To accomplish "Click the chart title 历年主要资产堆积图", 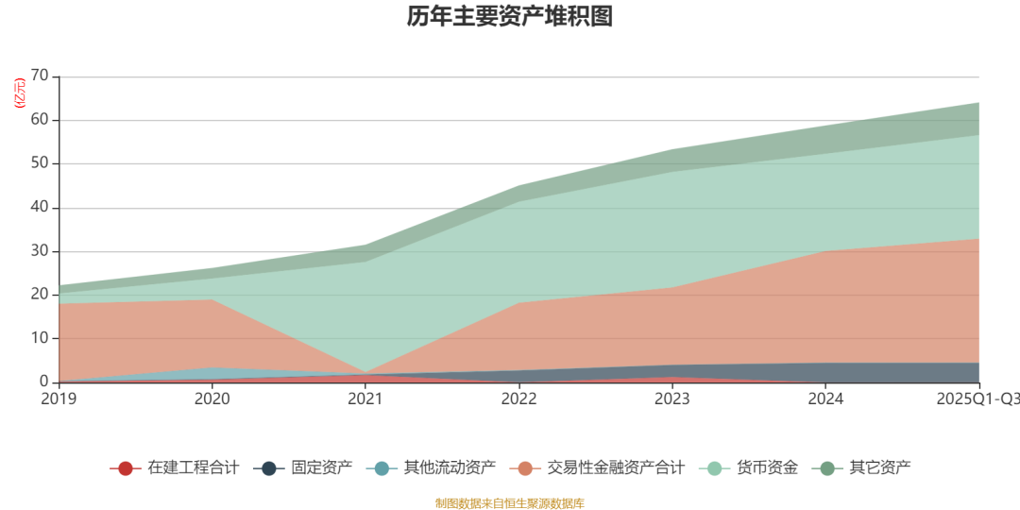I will click(510, 17).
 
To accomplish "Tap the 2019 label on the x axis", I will click(59, 399).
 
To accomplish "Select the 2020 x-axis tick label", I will click(212, 399).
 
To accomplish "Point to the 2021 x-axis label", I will click(365, 399).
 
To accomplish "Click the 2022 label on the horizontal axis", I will click(519, 399).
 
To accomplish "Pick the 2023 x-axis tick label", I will click(672, 399).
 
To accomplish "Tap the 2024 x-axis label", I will click(826, 399).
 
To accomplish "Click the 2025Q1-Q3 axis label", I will click(978, 399).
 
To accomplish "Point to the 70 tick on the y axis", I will click(40, 76).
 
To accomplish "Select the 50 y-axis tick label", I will click(40, 164).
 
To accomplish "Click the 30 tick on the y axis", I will click(40, 251).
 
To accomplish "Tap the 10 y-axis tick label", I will click(40, 339).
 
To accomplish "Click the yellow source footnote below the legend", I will click(510, 502).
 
